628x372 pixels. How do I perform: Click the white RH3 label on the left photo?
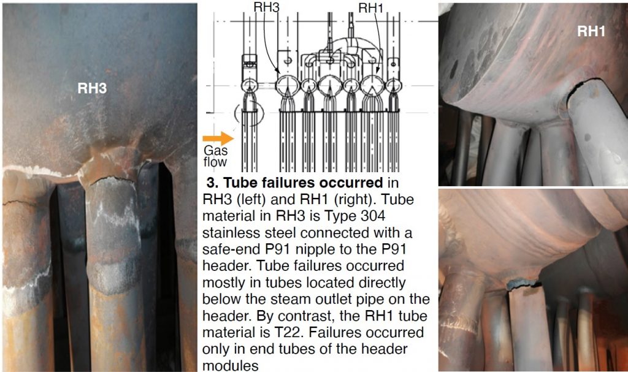92,88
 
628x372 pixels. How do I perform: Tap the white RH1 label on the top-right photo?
591,31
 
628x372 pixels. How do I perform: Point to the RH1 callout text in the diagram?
370,7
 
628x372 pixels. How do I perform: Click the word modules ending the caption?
223,366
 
